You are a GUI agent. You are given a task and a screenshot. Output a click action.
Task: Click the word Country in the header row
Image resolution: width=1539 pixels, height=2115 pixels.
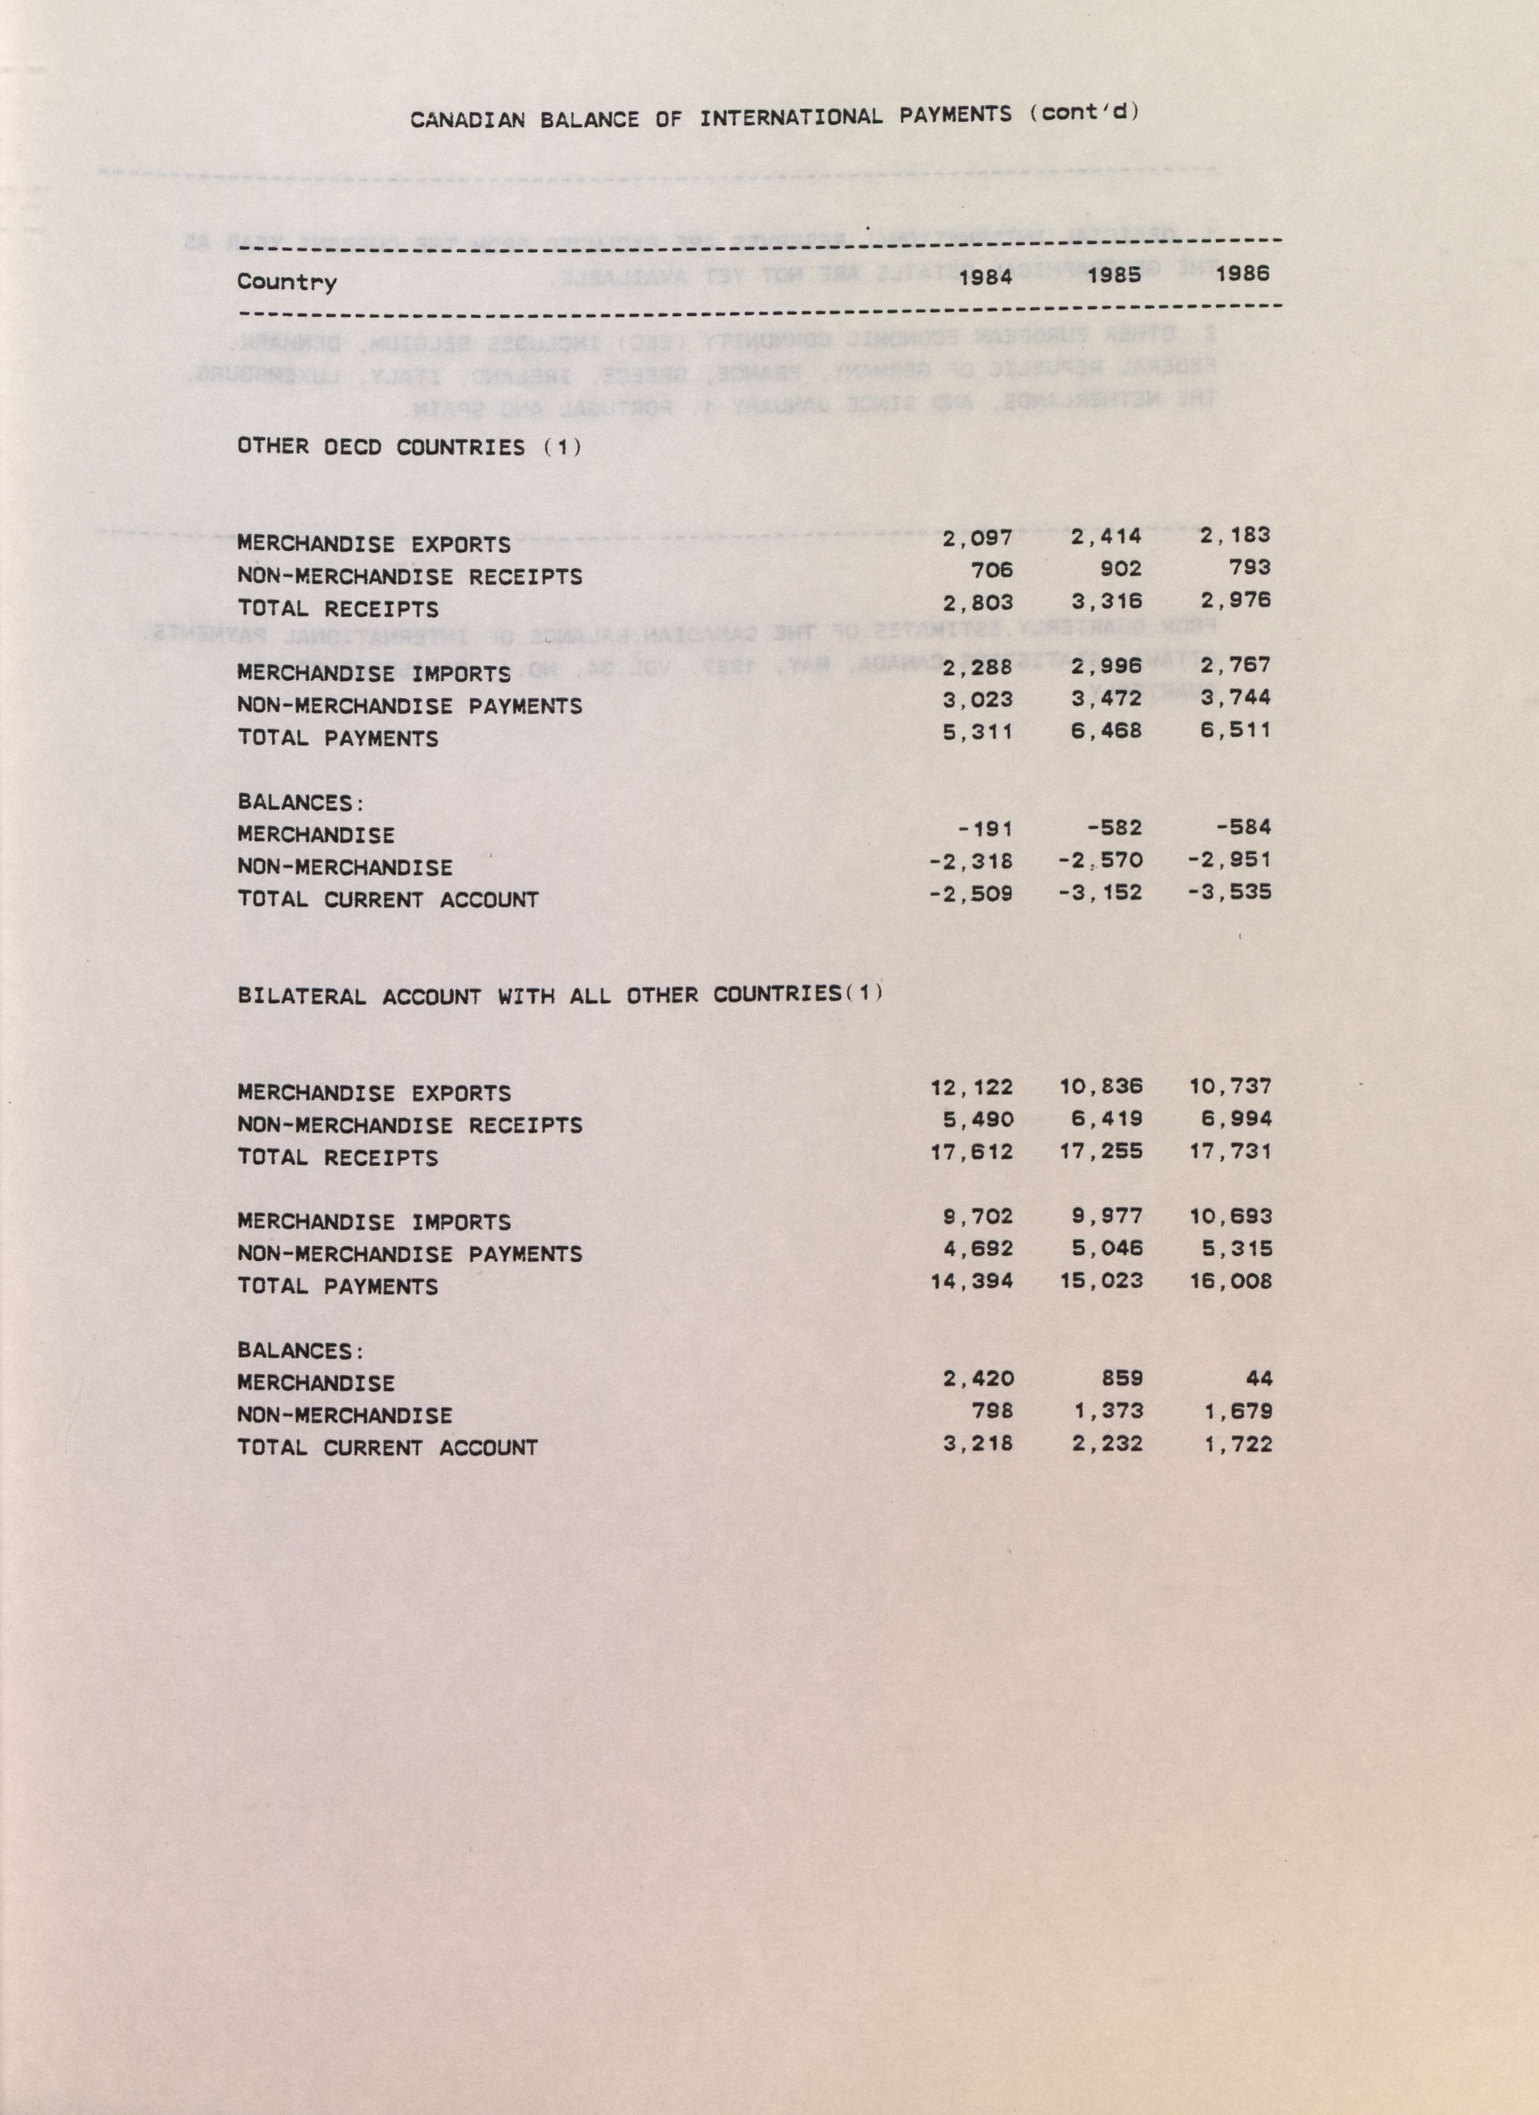(287, 282)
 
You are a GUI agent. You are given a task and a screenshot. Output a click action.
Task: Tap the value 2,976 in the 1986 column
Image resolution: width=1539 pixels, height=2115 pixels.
(1237, 600)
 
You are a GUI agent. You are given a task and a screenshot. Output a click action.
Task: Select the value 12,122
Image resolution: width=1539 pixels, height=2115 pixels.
(972, 1088)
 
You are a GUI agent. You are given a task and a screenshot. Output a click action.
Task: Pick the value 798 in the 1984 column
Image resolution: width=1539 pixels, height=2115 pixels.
(992, 1412)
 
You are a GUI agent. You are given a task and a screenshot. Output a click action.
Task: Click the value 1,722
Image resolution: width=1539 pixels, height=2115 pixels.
(1237, 1445)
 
